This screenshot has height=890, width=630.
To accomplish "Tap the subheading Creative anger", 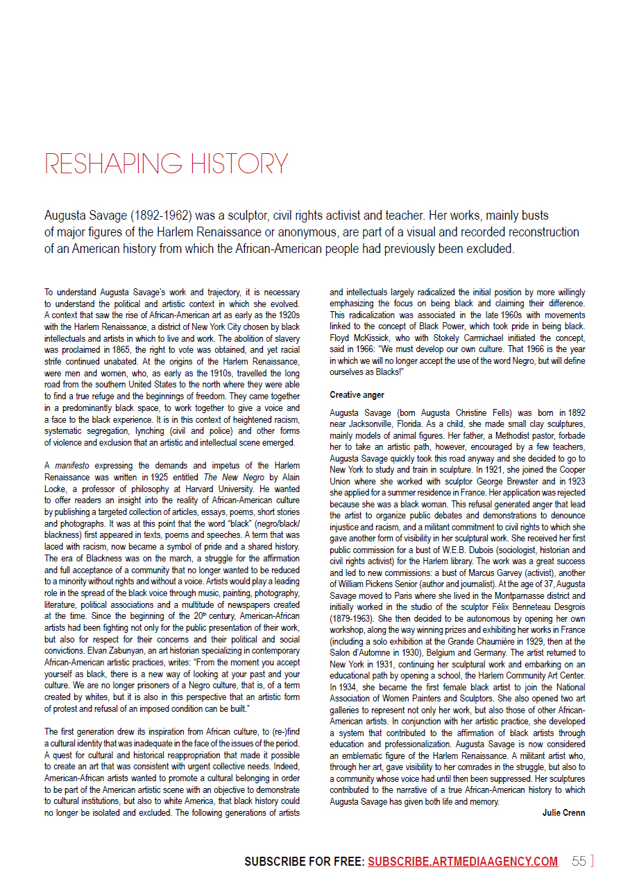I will (x=356, y=395).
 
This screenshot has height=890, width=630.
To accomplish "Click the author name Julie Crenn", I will (x=563, y=812).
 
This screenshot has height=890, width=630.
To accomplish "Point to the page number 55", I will (x=579, y=862).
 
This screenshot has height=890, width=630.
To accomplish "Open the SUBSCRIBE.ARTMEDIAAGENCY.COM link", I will (x=463, y=862).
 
